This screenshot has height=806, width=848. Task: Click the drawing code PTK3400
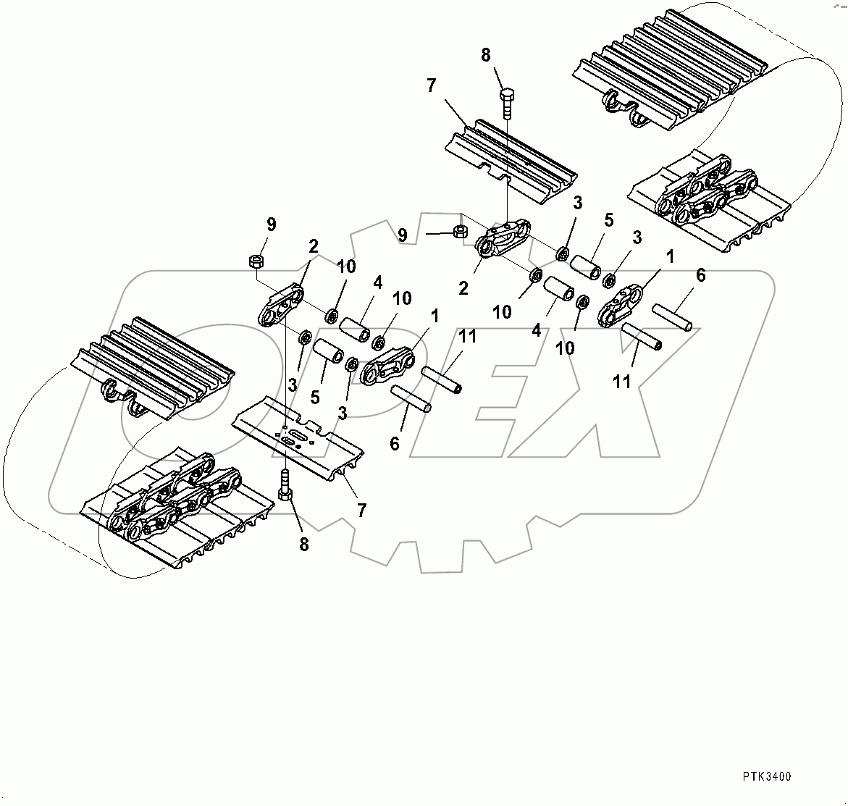pos(766,776)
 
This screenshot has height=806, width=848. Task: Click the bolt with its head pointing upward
pos(507,106)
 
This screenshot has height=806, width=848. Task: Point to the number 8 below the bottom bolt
pos(303,544)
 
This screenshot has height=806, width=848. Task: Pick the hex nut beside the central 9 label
pos(458,232)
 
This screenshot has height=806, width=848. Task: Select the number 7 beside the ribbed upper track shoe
pos(431,86)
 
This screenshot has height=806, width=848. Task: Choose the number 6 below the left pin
pos(394,443)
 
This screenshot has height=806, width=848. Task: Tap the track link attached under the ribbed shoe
pos(502,238)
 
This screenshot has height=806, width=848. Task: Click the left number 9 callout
pos(271,224)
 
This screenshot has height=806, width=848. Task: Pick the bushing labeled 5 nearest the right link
pos(584,266)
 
